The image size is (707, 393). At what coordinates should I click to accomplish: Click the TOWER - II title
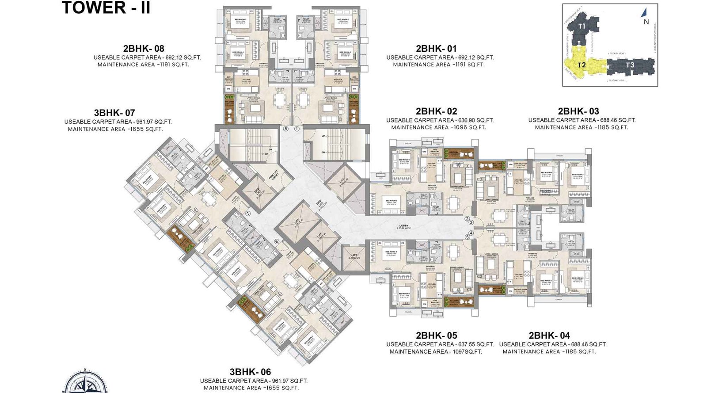pyautogui.click(x=106, y=8)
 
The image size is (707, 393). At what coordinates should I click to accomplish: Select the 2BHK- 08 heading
pyautogui.click(x=144, y=49)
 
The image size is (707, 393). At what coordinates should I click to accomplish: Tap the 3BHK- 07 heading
pyautogui.click(x=114, y=113)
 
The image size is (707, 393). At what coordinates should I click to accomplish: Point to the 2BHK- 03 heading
pyautogui.click(x=578, y=111)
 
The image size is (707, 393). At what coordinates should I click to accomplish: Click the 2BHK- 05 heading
pyautogui.click(x=436, y=336)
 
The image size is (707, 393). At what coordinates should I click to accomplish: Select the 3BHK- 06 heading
pyautogui.click(x=250, y=372)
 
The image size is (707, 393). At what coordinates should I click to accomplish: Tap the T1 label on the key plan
pyautogui.click(x=582, y=26)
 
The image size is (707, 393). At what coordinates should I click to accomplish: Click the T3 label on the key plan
pyautogui.click(x=630, y=65)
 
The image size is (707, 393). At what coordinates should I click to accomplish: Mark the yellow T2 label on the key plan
pyautogui.click(x=582, y=65)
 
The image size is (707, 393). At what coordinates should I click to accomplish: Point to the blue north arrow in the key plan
pyautogui.click(x=644, y=13)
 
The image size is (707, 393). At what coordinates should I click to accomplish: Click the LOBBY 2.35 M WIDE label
pyautogui.click(x=404, y=227)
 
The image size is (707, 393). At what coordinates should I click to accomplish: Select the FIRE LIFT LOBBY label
pyautogui.click(x=274, y=175)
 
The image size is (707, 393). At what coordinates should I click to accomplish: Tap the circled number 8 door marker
pyautogui.click(x=286, y=129)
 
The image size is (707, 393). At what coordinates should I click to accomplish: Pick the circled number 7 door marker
pyautogui.click(x=248, y=213)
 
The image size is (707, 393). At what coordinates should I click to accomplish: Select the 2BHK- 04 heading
pyautogui.click(x=549, y=336)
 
